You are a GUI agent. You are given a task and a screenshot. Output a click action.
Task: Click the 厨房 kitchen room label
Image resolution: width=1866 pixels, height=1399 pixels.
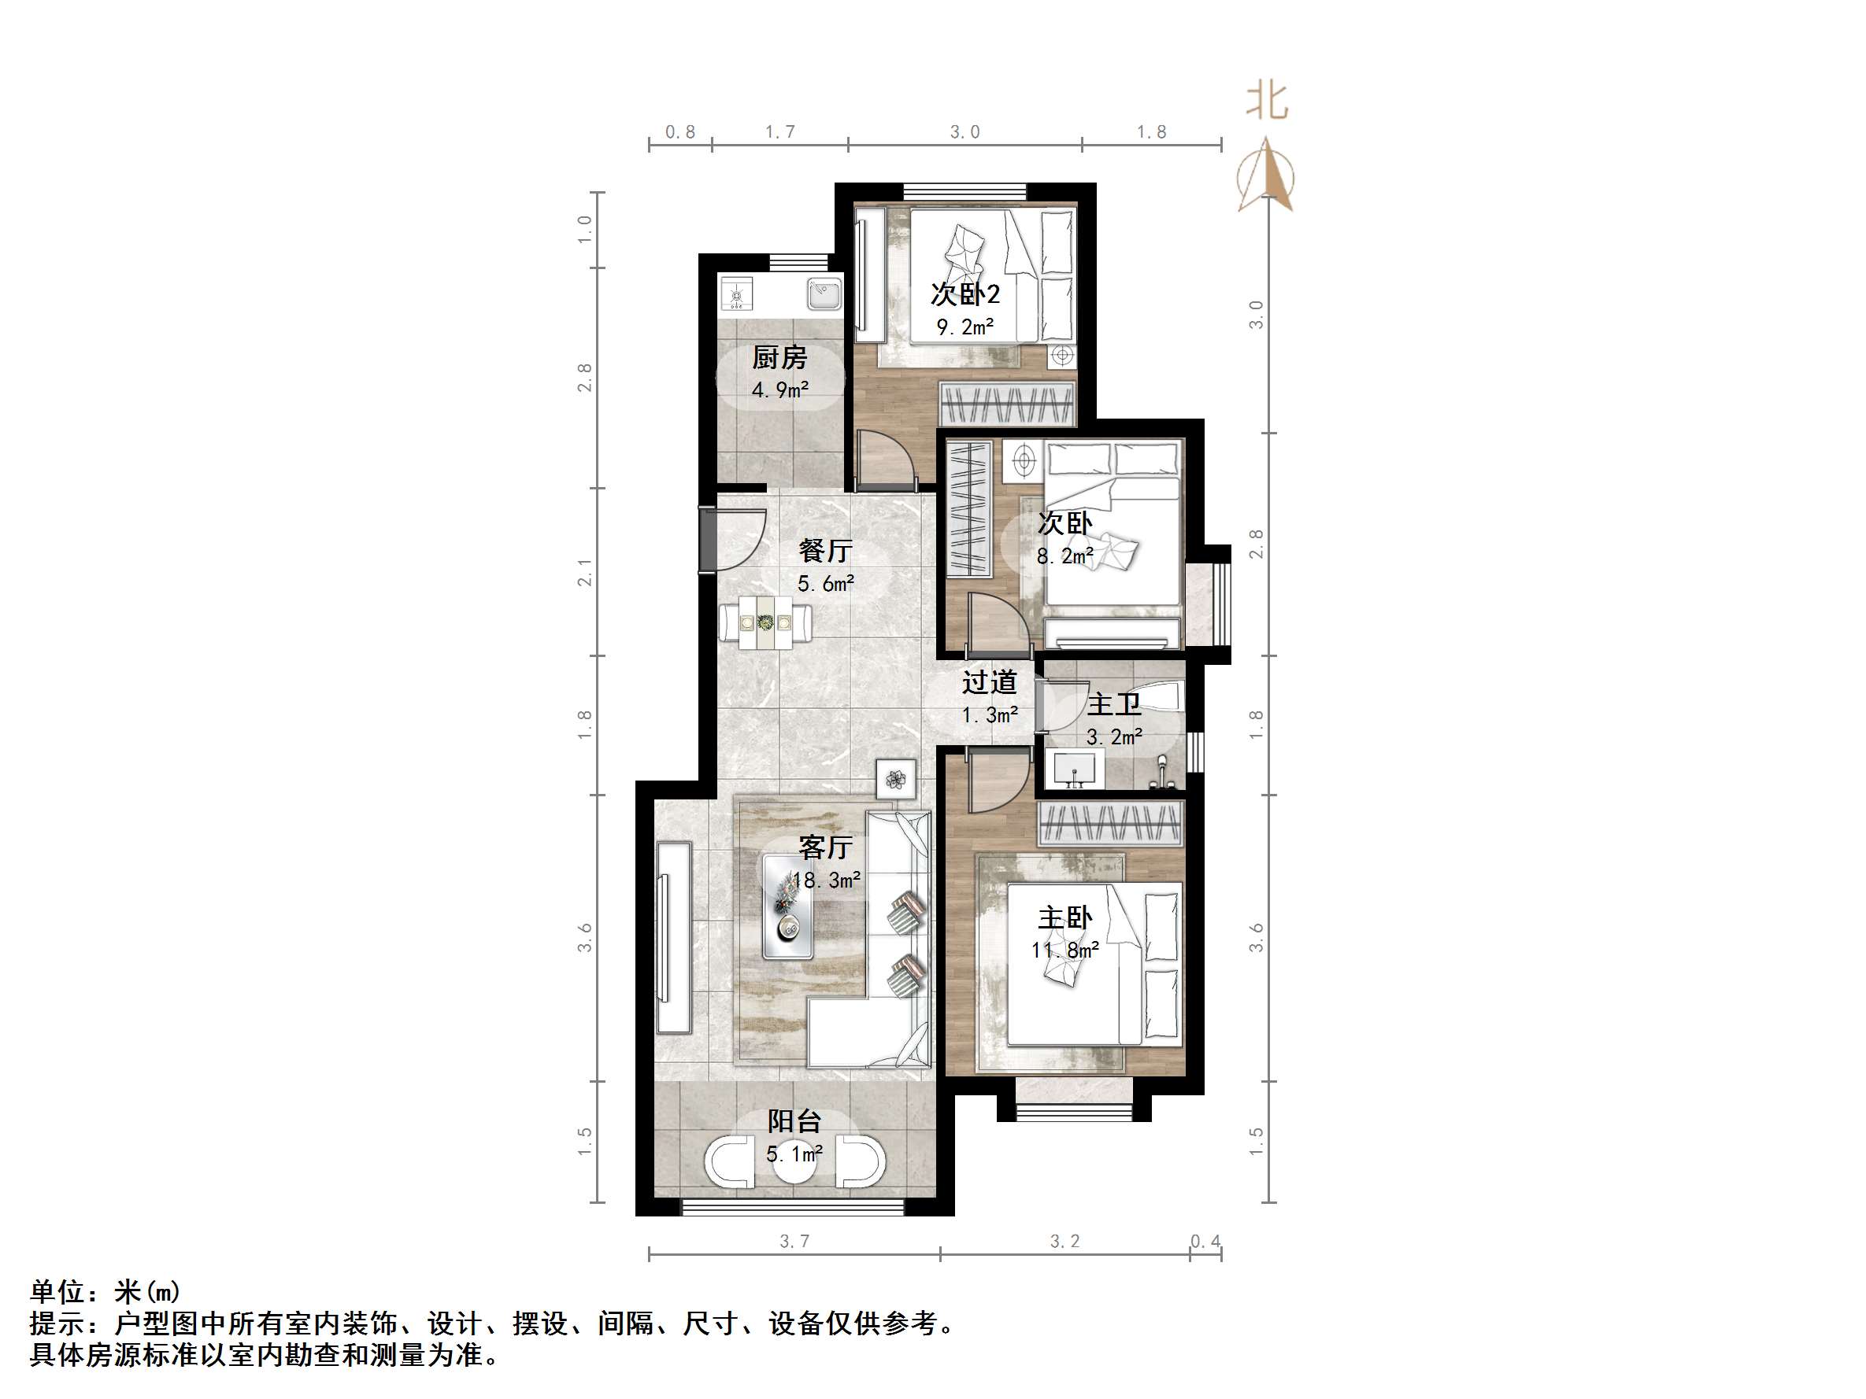click(779, 358)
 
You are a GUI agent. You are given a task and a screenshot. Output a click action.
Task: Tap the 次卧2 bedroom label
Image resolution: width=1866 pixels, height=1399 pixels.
click(965, 294)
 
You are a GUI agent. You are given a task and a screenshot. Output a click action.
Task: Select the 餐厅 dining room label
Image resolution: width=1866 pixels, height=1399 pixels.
click(825, 552)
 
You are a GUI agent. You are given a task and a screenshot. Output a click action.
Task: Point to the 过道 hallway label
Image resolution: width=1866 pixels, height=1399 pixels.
click(990, 682)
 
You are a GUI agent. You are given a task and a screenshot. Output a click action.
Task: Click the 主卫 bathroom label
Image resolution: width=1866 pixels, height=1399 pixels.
click(1113, 704)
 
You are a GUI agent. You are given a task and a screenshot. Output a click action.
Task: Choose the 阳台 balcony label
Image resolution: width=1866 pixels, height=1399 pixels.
click(794, 1121)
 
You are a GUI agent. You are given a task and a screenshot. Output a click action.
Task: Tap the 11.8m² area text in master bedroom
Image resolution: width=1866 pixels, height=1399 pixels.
click(1064, 951)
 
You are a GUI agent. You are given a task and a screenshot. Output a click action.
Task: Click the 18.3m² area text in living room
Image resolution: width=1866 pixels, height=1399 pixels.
click(827, 880)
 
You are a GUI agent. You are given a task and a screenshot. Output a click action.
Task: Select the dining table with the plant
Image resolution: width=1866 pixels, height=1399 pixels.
click(766, 623)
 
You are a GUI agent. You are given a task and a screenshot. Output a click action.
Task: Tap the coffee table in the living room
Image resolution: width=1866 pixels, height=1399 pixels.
click(788, 906)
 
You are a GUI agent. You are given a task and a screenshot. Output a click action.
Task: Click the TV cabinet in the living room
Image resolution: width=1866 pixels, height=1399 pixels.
click(673, 936)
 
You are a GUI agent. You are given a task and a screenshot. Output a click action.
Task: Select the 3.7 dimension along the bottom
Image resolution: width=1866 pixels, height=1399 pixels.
click(794, 1242)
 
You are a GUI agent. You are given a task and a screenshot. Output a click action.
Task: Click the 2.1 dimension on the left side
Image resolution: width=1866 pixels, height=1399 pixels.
click(583, 573)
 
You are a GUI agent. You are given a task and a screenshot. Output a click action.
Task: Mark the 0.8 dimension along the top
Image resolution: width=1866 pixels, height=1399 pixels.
click(680, 132)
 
